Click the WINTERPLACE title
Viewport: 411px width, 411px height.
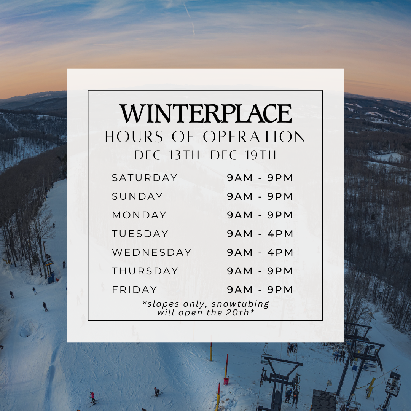[x=205, y=113]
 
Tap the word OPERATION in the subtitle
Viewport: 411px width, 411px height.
[x=254, y=137]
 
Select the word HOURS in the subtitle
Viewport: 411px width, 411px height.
[x=134, y=137]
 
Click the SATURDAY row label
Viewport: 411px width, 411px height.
[x=145, y=178]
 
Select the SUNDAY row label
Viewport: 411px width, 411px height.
[x=137, y=196]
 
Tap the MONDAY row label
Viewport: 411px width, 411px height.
[x=139, y=215]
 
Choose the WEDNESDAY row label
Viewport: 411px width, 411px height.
[x=151, y=252]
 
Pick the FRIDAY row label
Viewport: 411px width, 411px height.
[x=134, y=290]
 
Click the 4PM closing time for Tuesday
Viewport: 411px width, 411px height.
[x=280, y=234]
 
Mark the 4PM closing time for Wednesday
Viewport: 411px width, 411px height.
[x=280, y=252]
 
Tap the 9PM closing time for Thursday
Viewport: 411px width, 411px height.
[x=280, y=271]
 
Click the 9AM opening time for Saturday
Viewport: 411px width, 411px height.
[x=240, y=178]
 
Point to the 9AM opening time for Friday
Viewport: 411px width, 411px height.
[x=240, y=290]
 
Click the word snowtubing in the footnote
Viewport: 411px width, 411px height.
[x=240, y=304]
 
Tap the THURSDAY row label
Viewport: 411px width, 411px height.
[x=145, y=271]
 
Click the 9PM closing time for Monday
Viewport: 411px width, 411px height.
[x=280, y=215]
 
